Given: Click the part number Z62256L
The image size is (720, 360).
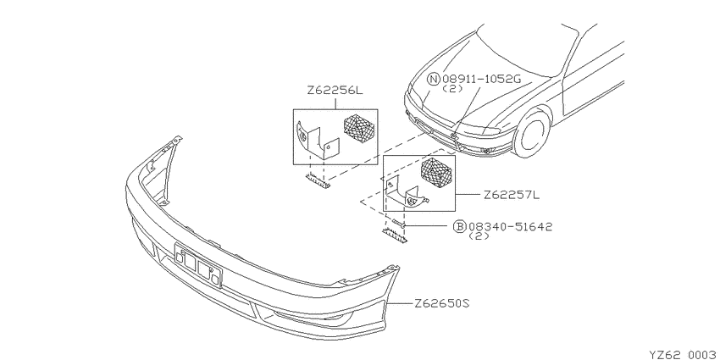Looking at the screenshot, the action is click(x=335, y=91).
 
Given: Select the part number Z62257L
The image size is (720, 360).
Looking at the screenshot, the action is click(x=512, y=195).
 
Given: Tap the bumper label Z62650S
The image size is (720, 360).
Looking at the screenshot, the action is click(x=441, y=303).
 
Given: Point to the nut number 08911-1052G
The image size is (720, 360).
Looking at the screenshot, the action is click(x=482, y=79).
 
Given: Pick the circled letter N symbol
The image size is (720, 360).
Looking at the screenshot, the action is click(x=433, y=79).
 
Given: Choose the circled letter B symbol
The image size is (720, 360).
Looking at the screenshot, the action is click(x=460, y=226).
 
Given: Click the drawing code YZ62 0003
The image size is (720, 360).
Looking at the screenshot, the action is click(x=684, y=355).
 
